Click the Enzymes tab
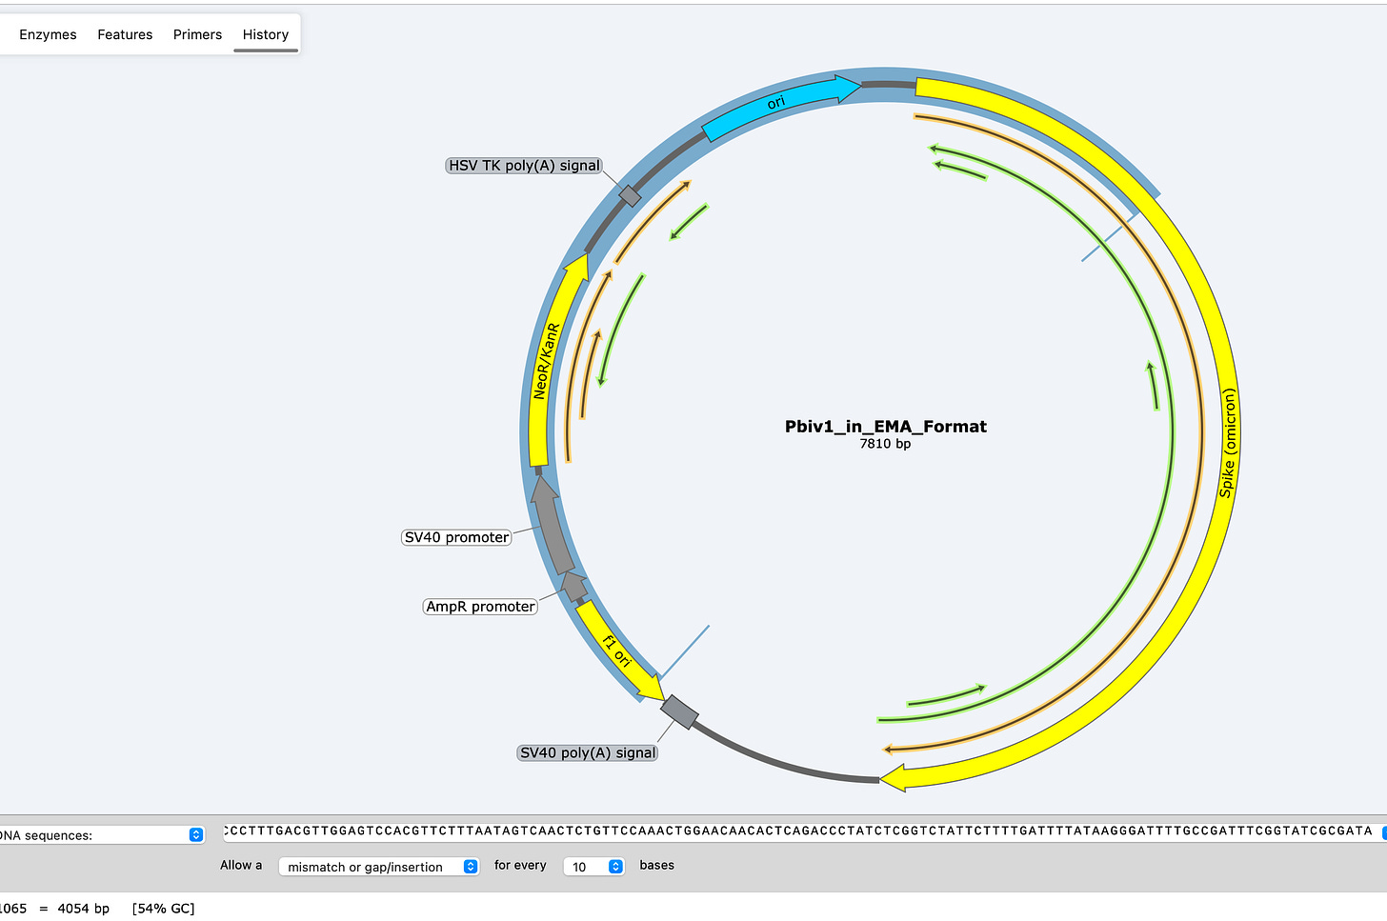pyautogui.click(x=48, y=34)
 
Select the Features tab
pyautogui.click(x=125, y=34)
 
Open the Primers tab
pyautogui.click(x=197, y=34)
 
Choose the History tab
pyautogui.click(x=265, y=34)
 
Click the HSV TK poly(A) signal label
pyautogui.click(x=524, y=166)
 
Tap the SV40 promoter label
pyautogui.click(x=456, y=537)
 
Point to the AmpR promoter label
pyautogui.click(x=480, y=607)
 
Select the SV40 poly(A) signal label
pyautogui.click(x=588, y=752)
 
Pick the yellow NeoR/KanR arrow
pyautogui.click(x=546, y=362)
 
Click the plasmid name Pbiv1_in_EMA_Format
pyautogui.click(x=885, y=426)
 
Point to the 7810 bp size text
pyautogui.click(x=885, y=444)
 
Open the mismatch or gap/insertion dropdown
pyautogui.click(x=378, y=867)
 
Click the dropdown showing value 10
pyautogui.click(x=593, y=867)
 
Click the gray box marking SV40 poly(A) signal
pyautogui.click(x=679, y=711)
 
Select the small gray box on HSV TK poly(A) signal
pyautogui.click(x=630, y=196)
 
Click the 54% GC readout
pyautogui.click(x=163, y=909)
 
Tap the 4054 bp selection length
pyautogui.click(x=83, y=909)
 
